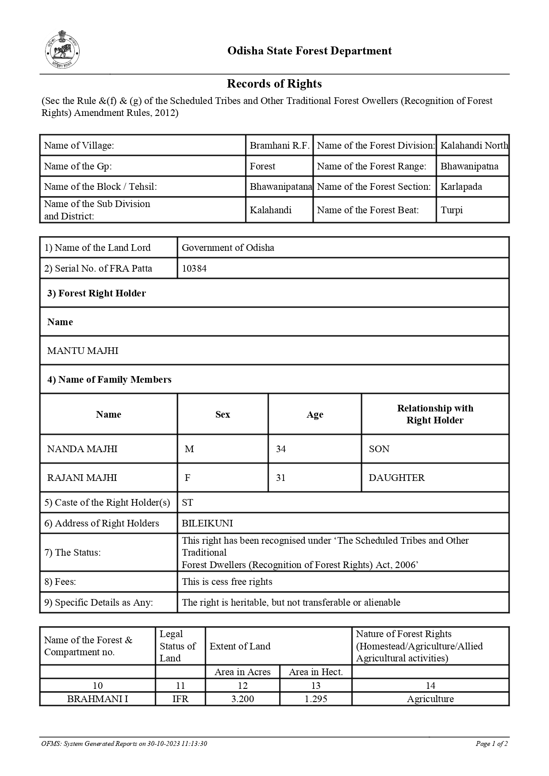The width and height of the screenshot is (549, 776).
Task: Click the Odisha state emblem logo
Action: coord(62,50)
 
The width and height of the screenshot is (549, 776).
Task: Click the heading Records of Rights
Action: coord(274,84)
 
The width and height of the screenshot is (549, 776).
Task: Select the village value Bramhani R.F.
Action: coord(279,146)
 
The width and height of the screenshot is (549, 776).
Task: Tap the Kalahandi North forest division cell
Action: coord(474,146)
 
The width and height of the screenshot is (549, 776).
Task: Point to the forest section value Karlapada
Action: coord(461,187)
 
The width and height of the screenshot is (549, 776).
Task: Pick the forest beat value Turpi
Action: coord(451,210)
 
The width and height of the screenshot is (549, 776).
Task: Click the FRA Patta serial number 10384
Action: coord(194,269)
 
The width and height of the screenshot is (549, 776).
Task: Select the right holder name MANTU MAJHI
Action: coord(83,351)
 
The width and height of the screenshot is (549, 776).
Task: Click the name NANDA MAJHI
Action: coord(82,449)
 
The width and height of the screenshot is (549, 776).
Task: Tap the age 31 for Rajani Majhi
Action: coord(280,478)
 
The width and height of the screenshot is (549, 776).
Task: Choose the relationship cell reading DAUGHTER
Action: coord(396,478)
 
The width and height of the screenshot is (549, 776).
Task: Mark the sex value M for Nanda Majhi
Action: coord(189,449)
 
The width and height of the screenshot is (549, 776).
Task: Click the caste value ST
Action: coord(187,503)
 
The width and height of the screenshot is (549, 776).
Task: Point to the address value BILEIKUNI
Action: coord(207,523)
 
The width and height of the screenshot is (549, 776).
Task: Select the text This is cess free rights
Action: coord(227,582)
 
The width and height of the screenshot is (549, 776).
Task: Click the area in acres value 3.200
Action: coord(242,699)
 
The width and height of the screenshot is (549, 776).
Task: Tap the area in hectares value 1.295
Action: coord(315,699)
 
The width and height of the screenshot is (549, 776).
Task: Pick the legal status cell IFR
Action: coord(180,699)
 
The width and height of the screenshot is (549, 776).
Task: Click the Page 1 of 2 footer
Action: coord(491,744)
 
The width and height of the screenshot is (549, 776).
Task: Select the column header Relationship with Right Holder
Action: coord(435,414)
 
